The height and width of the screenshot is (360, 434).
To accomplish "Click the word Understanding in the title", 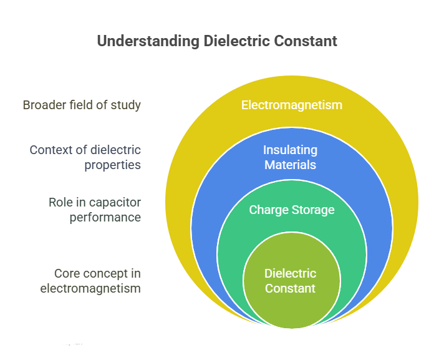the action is coord(148,42).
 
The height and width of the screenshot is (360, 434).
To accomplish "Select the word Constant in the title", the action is coord(306,41).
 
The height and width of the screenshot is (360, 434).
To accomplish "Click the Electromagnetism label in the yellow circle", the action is coord(292,105).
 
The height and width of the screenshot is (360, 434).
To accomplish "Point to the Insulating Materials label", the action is coord(291,157).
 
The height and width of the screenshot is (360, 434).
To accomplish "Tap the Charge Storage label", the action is coord(292,210).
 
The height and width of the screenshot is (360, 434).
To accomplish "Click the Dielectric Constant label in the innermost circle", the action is coord(291,281).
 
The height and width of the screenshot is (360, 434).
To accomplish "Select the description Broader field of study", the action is coord(82,105).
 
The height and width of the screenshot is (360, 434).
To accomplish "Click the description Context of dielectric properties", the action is coord(85,157).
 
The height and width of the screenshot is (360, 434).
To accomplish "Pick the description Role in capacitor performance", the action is coord(95,210).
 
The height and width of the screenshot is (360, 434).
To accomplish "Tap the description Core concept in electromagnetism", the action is coord(90,281).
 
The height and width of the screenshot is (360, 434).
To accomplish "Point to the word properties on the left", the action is coord(113,165).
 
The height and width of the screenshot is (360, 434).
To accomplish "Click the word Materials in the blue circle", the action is coord(291,165).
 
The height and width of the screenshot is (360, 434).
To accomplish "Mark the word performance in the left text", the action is coord(105,218).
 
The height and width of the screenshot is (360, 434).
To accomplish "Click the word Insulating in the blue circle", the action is coord(291,150).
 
